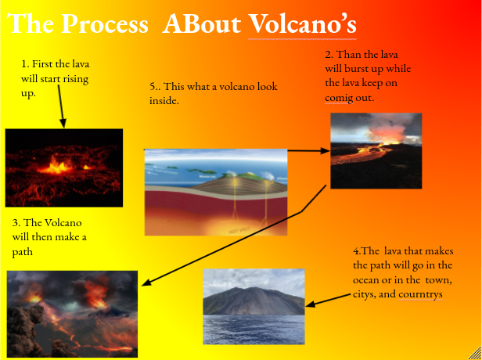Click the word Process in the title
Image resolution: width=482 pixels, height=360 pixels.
point(106,23)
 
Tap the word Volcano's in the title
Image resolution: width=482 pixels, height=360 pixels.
point(302,23)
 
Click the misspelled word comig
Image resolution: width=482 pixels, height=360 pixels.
point(338,98)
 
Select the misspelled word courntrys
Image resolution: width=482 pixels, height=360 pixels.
point(420,294)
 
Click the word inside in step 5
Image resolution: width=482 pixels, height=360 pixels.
point(164,100)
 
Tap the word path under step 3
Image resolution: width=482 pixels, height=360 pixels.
point(23,252)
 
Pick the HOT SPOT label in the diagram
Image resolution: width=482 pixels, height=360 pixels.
point(239,230)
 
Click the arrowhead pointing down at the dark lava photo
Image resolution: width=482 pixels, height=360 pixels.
point(63,124)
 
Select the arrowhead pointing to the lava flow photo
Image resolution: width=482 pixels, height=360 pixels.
point(326,150)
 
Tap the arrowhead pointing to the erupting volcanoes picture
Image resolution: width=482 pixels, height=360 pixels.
point(146,283)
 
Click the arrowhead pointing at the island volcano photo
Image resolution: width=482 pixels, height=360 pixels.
point(310,304)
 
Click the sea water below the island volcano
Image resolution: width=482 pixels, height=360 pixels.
point(254,329)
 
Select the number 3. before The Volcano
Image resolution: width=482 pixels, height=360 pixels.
point(16,222)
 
